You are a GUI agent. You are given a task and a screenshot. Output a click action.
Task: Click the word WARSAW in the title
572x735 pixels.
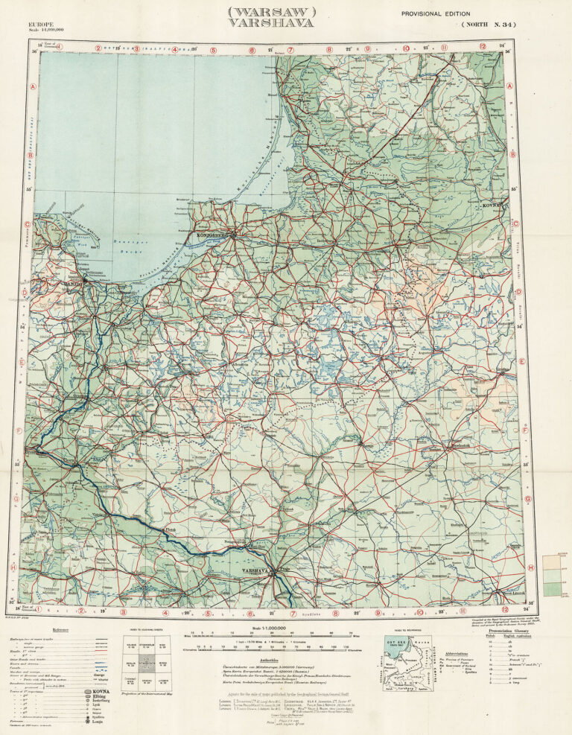pos(273,12)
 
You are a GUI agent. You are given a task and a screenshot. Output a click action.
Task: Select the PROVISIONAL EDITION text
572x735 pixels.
pos(436,13)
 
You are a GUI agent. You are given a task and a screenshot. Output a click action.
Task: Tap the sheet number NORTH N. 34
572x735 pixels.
pos(488,25)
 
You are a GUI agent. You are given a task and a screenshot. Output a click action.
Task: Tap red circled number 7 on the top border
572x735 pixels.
pos(291,50)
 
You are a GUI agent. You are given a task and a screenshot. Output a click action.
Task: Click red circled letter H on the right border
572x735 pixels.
pos(530,568)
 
